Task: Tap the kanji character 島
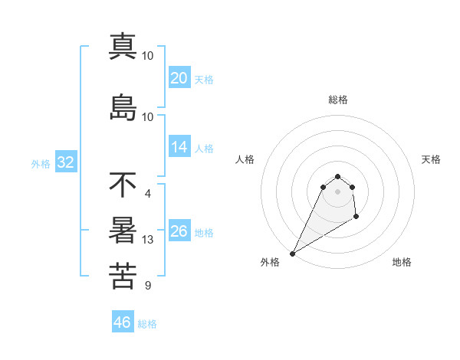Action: click(123, 107)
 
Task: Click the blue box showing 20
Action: click(179, 78)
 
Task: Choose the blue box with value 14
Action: click(179, 148)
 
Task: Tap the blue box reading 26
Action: click(179, 231)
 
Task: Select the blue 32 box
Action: click(65, 162)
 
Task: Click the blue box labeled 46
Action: click(123, 322)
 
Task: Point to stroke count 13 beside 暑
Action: click(148, 240)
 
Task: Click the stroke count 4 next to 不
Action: click(147, 193)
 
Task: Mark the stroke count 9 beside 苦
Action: click(147, 286)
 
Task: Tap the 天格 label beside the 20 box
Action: click(204, 80)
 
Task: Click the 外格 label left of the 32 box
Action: click(41, 163)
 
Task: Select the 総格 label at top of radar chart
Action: click(337, 100)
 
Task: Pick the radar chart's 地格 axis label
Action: click(402, 262)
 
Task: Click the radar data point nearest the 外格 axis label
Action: click(292, 254)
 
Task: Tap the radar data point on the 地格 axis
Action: click(356, 218)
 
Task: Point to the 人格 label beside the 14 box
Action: click(204, 149)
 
